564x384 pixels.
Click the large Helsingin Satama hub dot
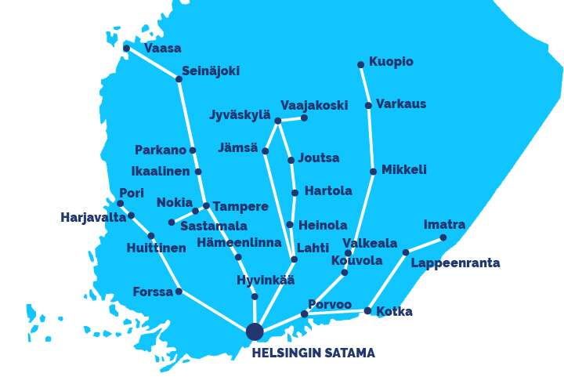[x=255, y=331]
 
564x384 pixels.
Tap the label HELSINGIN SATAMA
[x=313, y=353]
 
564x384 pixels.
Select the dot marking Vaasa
[x=127, y=49]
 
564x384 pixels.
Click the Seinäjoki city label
[x=211, y=71]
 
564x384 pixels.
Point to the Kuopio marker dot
[x=361, y=65]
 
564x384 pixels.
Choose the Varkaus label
[x=401, y=104]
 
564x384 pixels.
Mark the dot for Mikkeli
[x=373, y=172]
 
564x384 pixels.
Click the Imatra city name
[x=444, y=225]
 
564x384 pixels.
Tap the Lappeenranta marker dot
[x=406, y=252]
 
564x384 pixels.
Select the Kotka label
[x=394, y=312]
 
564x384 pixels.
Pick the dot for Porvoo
[x=305, y=314]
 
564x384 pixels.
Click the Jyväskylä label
[x=240, y=115]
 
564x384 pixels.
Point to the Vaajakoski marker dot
[x=304, y=118]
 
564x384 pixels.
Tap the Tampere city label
[x=240, y=207]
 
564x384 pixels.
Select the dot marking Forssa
[x=179, y=292]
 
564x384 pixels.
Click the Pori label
[x=132, y=193]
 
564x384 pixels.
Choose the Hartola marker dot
[x=295, y=193]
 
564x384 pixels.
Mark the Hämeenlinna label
[x=239, y=243]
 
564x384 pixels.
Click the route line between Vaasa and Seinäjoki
[x=153, y=63]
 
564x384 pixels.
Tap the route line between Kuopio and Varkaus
[x=365, y=85]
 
